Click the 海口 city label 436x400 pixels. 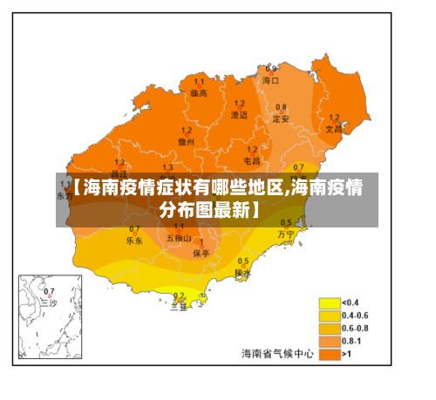[x=271, y=79]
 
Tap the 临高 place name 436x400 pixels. [x=199, y=92]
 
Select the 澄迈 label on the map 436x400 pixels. [x=239, y=114]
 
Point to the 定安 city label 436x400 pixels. [x=281, y=119]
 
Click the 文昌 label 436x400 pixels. [x=334, y=128]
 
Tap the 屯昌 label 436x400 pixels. [x=251, y=160]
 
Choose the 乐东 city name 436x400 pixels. [x=134, y=239]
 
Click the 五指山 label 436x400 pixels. [x=178, y=238]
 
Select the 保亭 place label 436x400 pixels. [x=201, y=253]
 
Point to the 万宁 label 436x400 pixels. [x=286, y=234]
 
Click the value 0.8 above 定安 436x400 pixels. [x=281, y=107]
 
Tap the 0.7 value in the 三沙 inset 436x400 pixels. [x=49, y=291]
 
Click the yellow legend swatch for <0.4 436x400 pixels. [x=329, y=303]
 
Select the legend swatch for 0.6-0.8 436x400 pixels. [x=329, y=329]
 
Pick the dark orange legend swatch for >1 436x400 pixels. [x=329, y=354]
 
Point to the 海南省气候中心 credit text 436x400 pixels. [x=276, y=353]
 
